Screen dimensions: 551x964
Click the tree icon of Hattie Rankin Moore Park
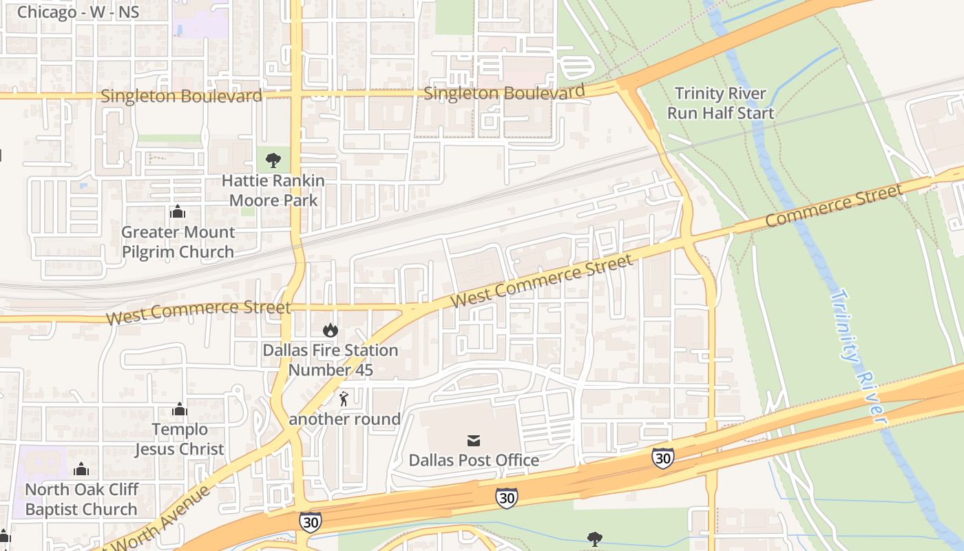[273, 160]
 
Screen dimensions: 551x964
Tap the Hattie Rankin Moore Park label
[273, 191]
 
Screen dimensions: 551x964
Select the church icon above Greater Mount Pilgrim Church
[178, 211]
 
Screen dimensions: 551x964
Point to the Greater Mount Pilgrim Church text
[178, 242]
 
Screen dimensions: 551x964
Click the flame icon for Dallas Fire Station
[331, 330]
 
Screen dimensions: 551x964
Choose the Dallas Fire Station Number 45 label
[331, 360]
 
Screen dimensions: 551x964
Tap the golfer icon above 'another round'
[344, 398]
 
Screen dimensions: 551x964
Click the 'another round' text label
[344, 419]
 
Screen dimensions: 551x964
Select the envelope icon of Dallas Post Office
[474, 441]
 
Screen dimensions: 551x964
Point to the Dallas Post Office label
[474, 460]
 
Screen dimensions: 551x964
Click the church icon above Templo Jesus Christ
[180, 410]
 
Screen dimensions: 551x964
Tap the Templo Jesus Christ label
[179, 439]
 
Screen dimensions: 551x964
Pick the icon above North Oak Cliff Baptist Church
[81, 470]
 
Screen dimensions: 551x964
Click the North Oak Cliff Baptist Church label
[82, 499]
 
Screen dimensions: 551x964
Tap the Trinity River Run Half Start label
[720, 103]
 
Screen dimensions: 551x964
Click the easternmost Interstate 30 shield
[662, 457]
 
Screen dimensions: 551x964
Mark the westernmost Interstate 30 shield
[310, 522]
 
